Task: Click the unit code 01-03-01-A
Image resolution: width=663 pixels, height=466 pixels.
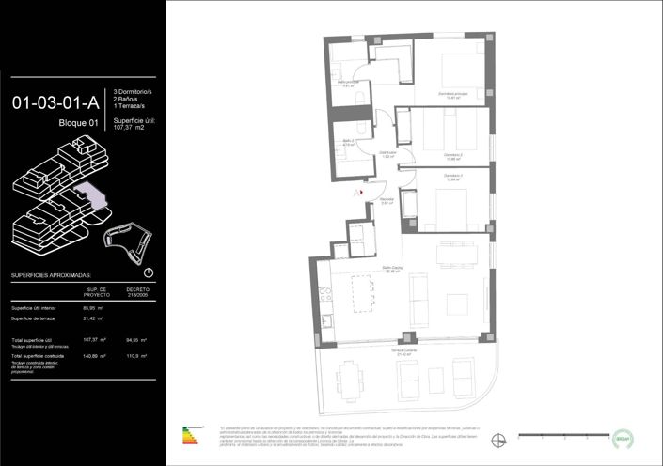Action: [55, 103]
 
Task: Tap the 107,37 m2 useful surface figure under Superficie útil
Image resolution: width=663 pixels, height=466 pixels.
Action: [133, 128]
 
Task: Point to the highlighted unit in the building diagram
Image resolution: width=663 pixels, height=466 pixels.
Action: [93, 197]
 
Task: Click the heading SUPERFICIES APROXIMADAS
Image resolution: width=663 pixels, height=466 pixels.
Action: [51, 276]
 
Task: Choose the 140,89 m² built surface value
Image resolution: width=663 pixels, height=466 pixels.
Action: [92, 357]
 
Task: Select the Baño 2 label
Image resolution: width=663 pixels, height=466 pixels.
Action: [348, 142]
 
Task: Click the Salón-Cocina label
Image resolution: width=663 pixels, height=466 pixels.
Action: [393, 269]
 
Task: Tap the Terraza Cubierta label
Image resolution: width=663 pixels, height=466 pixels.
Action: [404, 352]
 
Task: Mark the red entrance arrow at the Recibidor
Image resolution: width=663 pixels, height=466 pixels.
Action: [355, 192]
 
